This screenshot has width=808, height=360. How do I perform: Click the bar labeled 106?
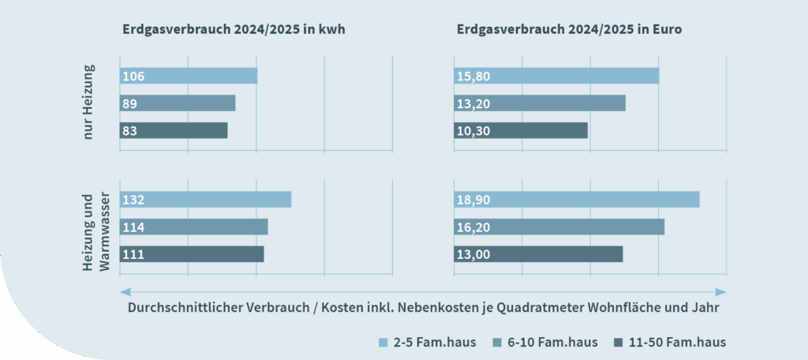(x=189, y=76)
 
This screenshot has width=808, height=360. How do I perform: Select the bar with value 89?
(x=178, y=103)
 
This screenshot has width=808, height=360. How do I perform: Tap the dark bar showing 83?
(x=174, y=130)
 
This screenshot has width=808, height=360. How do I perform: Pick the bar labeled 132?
(x=205, y=200)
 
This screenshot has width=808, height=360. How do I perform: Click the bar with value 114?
(x=194, y=227)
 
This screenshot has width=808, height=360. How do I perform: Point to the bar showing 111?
(x=192, y=254)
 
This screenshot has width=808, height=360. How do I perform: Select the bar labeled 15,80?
(x=556, y=76)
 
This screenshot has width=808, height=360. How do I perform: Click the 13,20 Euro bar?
(x=540, y=103)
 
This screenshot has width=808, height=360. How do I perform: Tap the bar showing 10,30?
(x=521, y=130)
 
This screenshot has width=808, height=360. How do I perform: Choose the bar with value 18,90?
(x=577, y=200)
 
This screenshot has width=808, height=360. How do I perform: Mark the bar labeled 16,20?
(x=559, y=227)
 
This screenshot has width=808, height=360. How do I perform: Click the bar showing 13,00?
(x=538, y=254)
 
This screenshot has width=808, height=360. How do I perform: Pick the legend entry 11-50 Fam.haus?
(x=669, y=343)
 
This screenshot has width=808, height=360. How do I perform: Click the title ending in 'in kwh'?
(x=234, y=29)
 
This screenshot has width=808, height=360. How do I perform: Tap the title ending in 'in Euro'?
(x=569, y=29)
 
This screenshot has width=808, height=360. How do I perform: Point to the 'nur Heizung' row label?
(x=89, y=103)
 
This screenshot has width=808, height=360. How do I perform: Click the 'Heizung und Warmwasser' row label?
(x=96, y=231)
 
